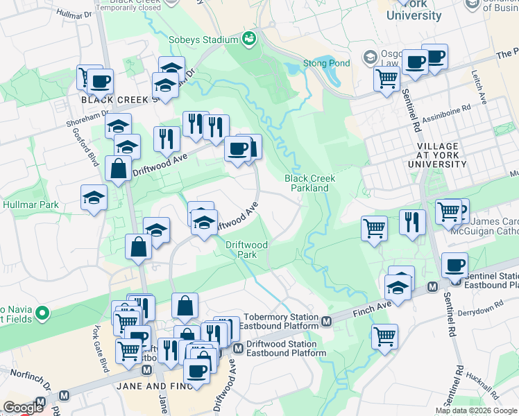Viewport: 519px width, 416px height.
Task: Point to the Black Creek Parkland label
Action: pos(310,183)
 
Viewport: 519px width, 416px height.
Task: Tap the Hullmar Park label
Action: pos(31,205)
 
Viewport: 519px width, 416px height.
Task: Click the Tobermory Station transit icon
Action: pos(327,320)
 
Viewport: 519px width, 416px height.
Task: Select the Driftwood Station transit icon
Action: pos(238,347)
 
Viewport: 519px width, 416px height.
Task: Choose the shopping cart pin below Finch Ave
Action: pos(384,337)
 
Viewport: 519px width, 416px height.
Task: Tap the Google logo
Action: pos(23,408)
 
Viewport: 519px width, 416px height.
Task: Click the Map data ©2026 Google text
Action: pos(476,410)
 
